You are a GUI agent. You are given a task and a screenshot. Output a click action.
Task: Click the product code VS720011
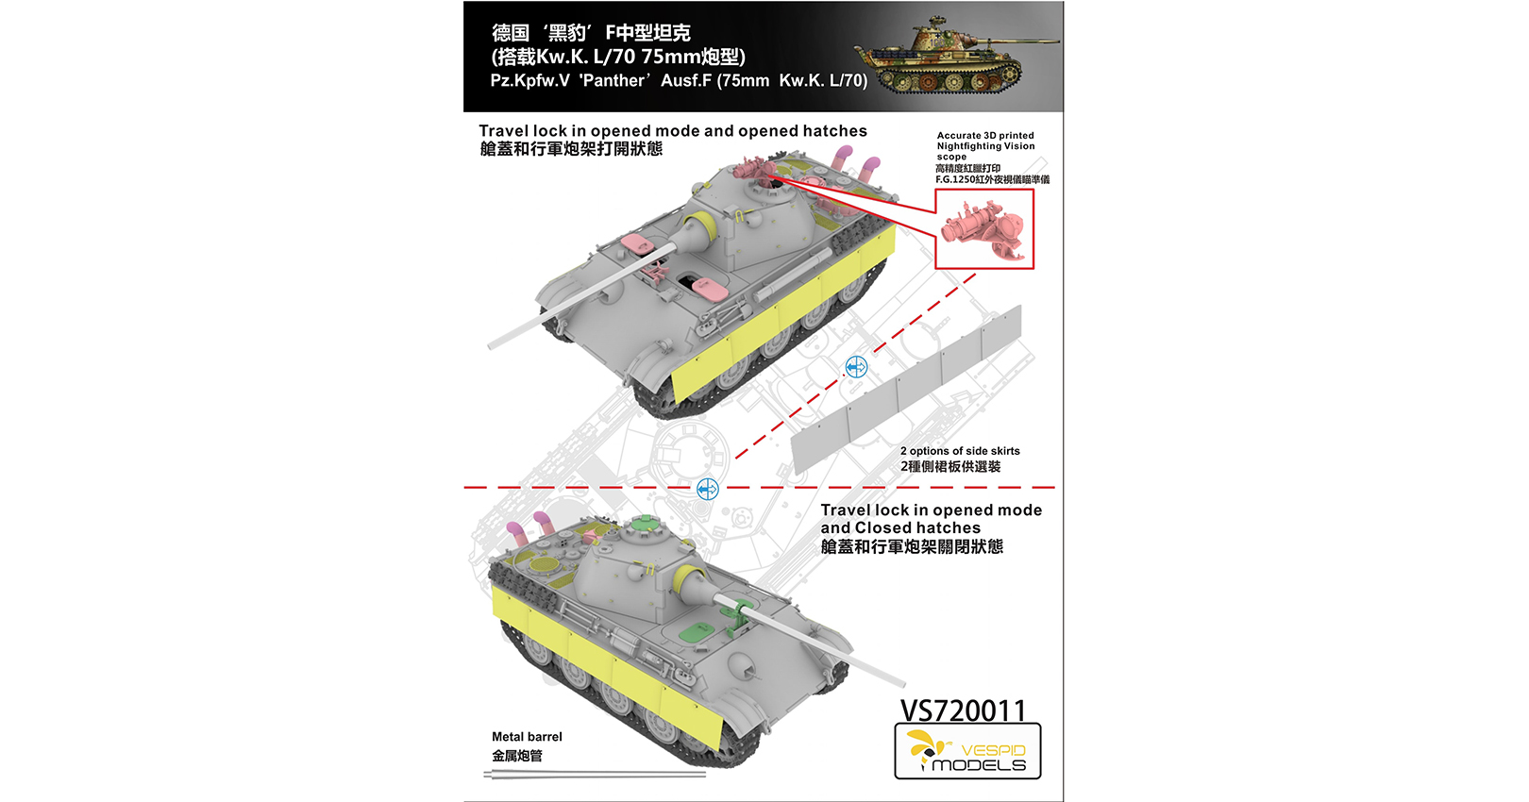[963, 710]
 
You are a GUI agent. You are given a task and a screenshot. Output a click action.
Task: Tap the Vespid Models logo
[968, 751]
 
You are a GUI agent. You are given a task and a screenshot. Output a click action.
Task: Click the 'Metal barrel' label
[527, 737]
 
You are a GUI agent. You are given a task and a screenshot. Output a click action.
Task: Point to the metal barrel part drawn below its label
[595, 774]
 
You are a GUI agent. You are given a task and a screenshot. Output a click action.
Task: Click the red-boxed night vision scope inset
[984, 228]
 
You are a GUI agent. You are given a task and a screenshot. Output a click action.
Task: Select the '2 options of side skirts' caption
[960, 451]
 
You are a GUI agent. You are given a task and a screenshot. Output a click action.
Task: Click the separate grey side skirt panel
[906, 390]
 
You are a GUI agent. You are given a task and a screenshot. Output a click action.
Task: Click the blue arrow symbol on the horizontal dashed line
[708, 489]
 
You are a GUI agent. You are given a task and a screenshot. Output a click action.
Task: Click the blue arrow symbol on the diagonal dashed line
[856, 367]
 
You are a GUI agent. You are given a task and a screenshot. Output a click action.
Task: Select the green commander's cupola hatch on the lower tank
[643, 525]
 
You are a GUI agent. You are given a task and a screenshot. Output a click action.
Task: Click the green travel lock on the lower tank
[738, 616]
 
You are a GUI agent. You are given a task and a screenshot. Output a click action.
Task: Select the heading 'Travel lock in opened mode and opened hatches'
[673, 130]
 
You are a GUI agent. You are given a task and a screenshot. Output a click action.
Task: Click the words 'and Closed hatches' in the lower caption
[900, 527]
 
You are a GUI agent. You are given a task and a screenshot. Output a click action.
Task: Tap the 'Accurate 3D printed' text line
[985, 135]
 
